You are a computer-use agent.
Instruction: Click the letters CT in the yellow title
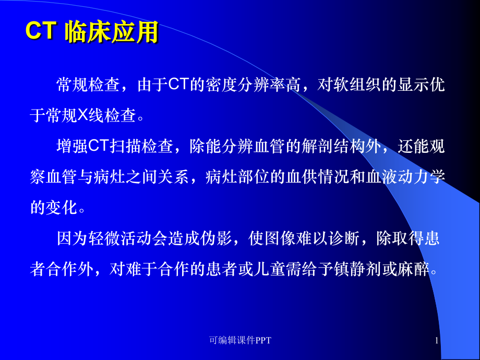point(40,32)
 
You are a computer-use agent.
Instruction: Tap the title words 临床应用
point(111,32)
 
